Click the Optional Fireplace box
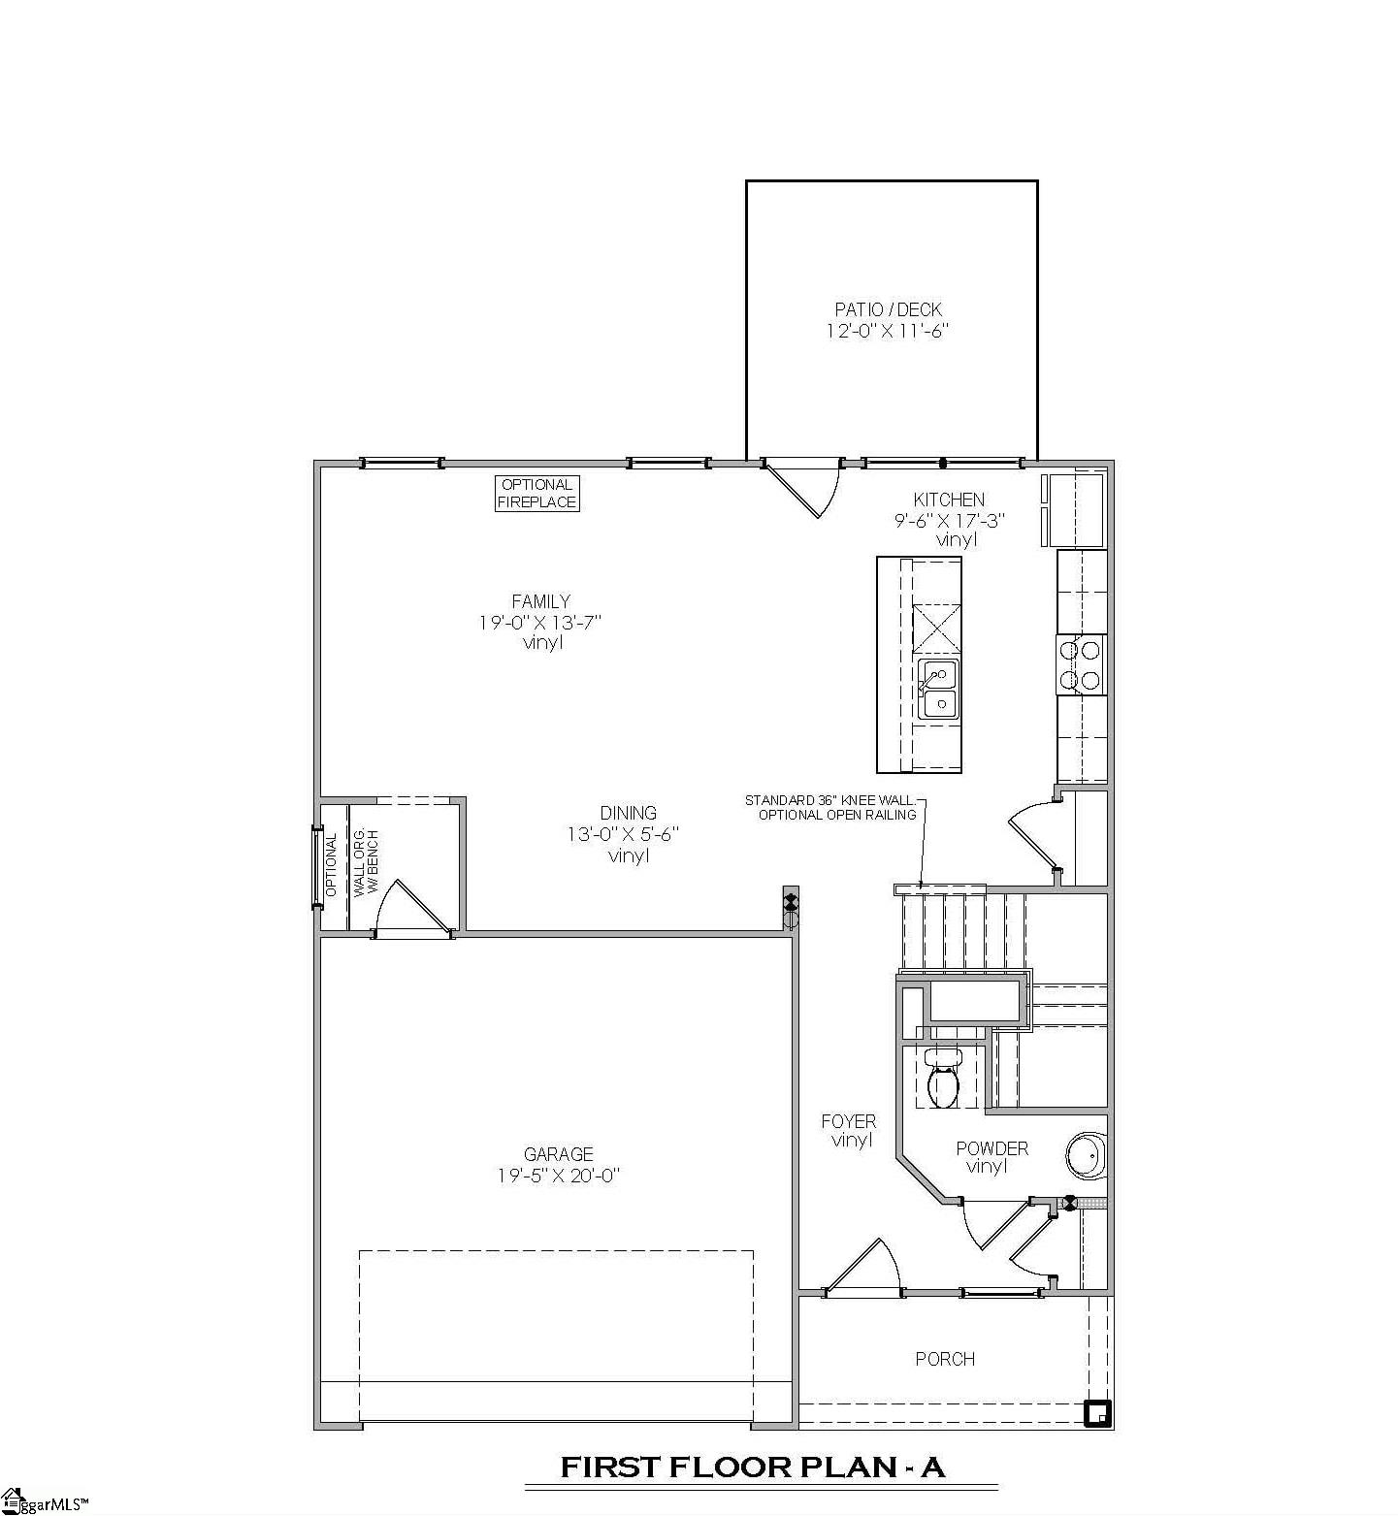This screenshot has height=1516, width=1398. [x=537, y=493]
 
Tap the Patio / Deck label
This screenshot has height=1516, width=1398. [x=888, y=309]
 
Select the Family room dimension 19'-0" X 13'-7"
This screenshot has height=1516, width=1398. [x=540, y=622]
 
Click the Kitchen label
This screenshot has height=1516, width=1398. [x=949, y=500]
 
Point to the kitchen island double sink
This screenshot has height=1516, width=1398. [x=938, y=689]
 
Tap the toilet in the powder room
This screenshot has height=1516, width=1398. [x=942, y=1080]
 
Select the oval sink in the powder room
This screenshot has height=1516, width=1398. [x=1086, y=1155]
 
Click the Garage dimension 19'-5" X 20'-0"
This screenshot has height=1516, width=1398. [x=558, y=1176]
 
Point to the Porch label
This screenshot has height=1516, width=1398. [x=945, y=1359]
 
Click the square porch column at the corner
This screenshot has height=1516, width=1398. [x=1097, y=1413]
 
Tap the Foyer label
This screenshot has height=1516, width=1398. [x=849, y=1121]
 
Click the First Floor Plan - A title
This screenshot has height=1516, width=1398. [x=753, y=1468]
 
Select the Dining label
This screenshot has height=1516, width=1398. [x=628, y=813]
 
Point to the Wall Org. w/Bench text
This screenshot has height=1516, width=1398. [x=366, y=863]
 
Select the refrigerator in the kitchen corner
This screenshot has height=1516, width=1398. [x=1074, y=509]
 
